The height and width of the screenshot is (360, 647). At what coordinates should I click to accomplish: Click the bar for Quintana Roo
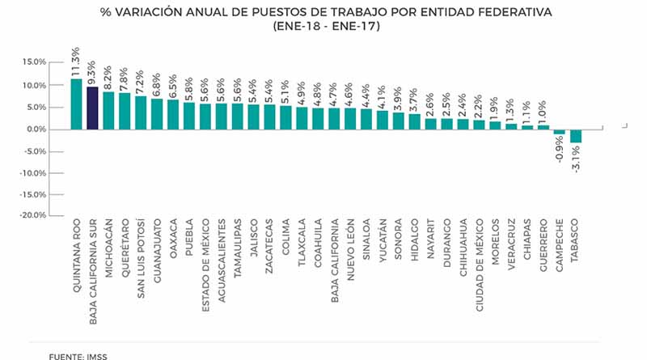(76, 104)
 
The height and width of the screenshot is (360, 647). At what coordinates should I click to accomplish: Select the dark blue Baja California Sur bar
(92, 108)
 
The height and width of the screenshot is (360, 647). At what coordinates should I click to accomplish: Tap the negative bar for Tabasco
(576, 136)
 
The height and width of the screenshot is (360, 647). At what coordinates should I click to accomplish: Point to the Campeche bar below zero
(560, 131)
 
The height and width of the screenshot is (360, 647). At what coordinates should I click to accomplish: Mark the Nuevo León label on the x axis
(350, 252)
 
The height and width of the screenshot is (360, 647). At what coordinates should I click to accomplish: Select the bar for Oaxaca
(172, 114)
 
